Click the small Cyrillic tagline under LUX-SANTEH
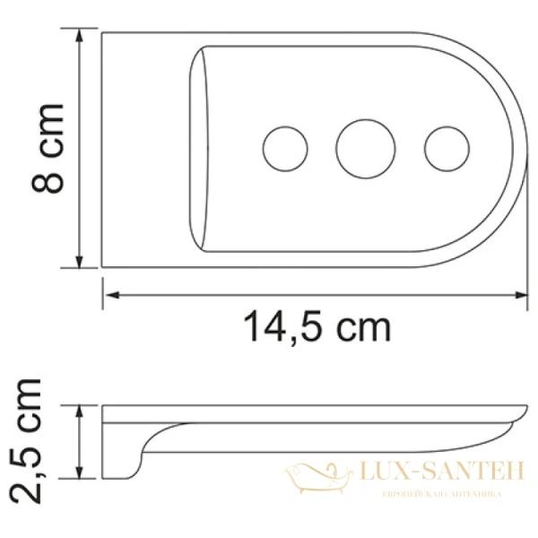coord(441,494)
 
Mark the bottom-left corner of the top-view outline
coord(102,267)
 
